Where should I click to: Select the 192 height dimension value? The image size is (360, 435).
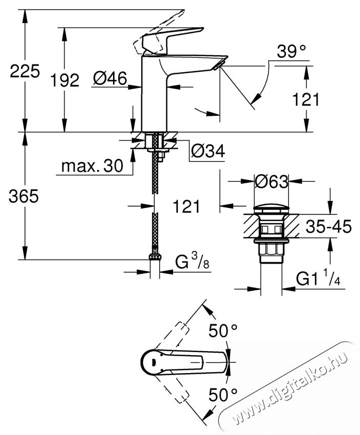[x=65, y=80]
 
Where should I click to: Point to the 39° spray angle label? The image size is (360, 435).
[x=291, y=51]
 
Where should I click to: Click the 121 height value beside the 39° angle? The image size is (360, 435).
[x=305, y=99]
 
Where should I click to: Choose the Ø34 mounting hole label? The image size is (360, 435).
[x=208, y=151]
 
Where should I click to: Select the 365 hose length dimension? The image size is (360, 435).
[x=24, y=197]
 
